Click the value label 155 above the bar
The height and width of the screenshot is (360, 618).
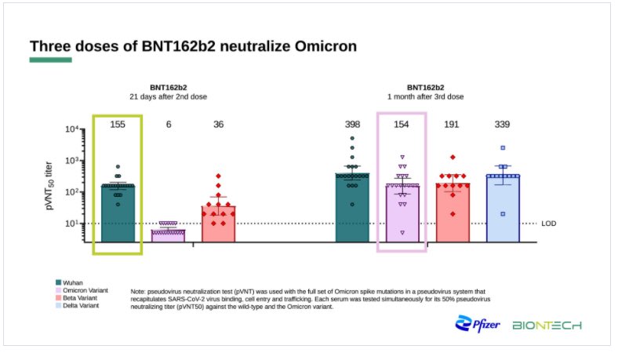pyautogui.click(x=118, y=125)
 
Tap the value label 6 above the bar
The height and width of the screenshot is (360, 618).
pyautogui.click(x=168, y=125)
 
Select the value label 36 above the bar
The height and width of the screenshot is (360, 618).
pyautogui.click(x=219, y=125)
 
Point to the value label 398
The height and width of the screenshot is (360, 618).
pyautogui.click(x=352, y=125)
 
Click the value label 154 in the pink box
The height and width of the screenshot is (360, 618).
pyautogui.click(x=402, y=125)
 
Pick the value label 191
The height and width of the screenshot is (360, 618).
pyautogui.click(x=452, y=125)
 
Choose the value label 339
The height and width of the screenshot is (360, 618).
pyautogui.click(x=503, y=125)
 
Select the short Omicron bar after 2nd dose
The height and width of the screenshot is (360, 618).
pyautogui.click(x=168, y=235)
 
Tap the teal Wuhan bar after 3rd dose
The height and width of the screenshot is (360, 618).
pyautogui.click(x=352, y=209)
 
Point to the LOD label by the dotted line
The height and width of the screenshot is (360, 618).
pyautogui.click(x=549, y=224)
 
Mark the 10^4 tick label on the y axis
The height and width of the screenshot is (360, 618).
pyautogui.click(x=72, y=129)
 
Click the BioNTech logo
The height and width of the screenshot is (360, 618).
pyautogui.click(x=547, y=325)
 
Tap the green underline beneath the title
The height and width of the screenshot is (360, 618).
pyautogui.click(x=50, y=60)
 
